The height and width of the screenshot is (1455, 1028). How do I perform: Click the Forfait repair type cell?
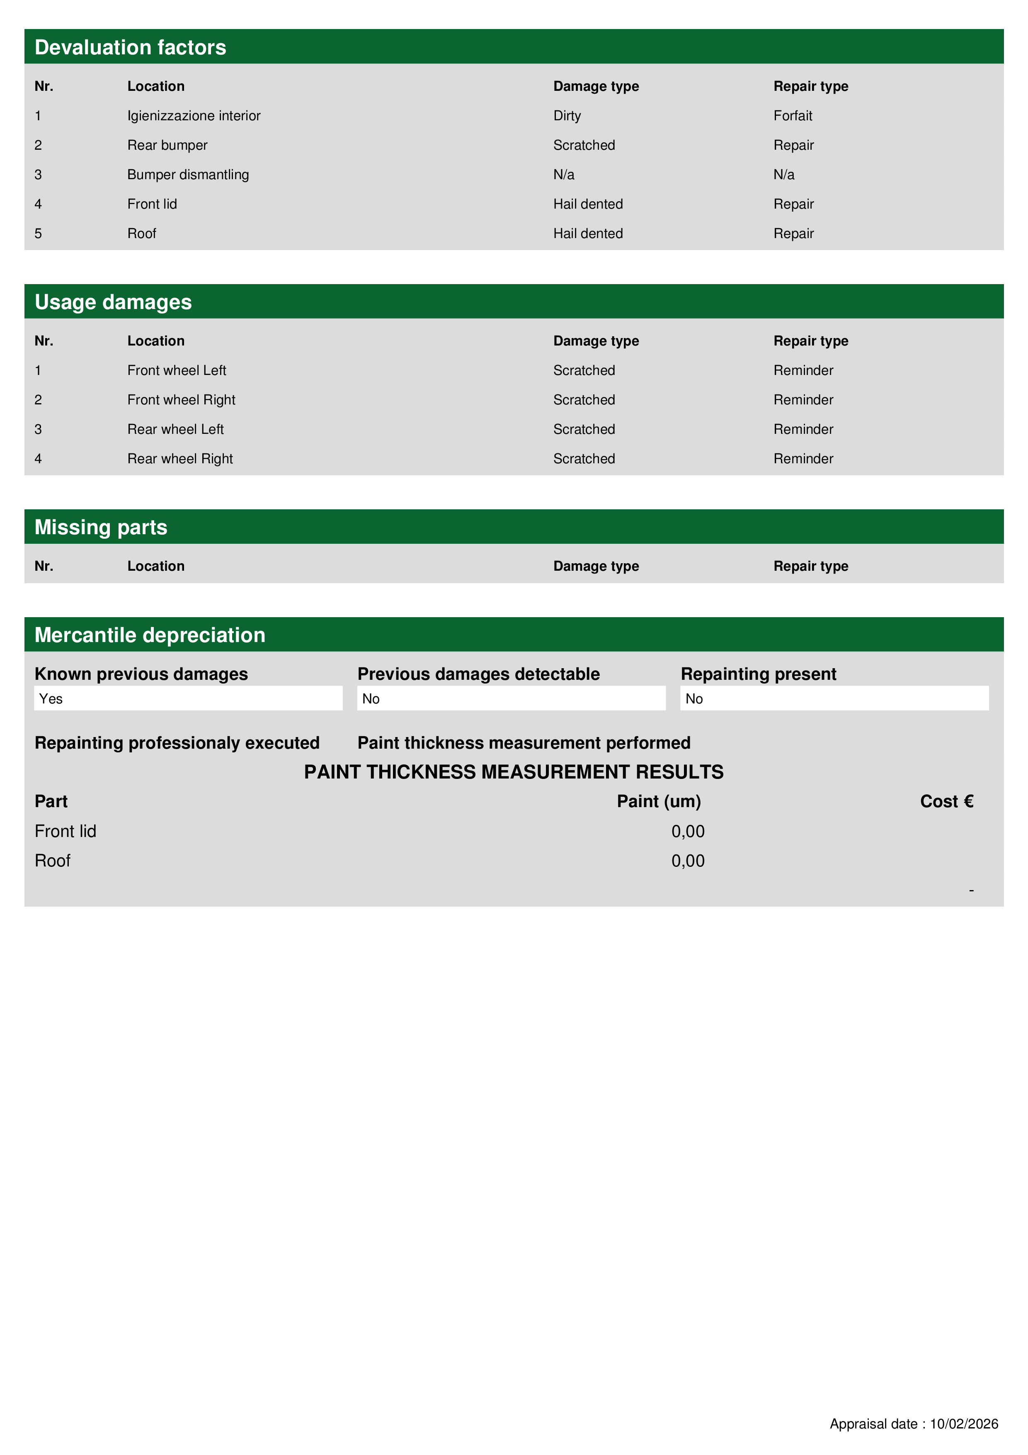tap(793, 116)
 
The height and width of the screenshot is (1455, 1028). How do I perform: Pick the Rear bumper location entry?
tap(167, 145)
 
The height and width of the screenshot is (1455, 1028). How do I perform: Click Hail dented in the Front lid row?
tap(588, 204)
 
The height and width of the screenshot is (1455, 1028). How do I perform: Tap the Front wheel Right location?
tap(181, 400)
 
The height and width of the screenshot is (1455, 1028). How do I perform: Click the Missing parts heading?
tap(101, 527)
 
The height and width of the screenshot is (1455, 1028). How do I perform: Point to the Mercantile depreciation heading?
tap(150, 635)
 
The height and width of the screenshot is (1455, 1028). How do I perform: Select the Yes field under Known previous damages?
tap(188, 698)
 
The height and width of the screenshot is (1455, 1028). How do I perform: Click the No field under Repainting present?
tap(834, 698)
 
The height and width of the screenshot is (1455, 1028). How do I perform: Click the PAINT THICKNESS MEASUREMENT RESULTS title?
tap(513, 772)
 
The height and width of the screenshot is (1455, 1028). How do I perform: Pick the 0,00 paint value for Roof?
tap(687, 861)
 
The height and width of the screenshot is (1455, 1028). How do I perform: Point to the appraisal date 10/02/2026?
tap(963, 1424)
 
